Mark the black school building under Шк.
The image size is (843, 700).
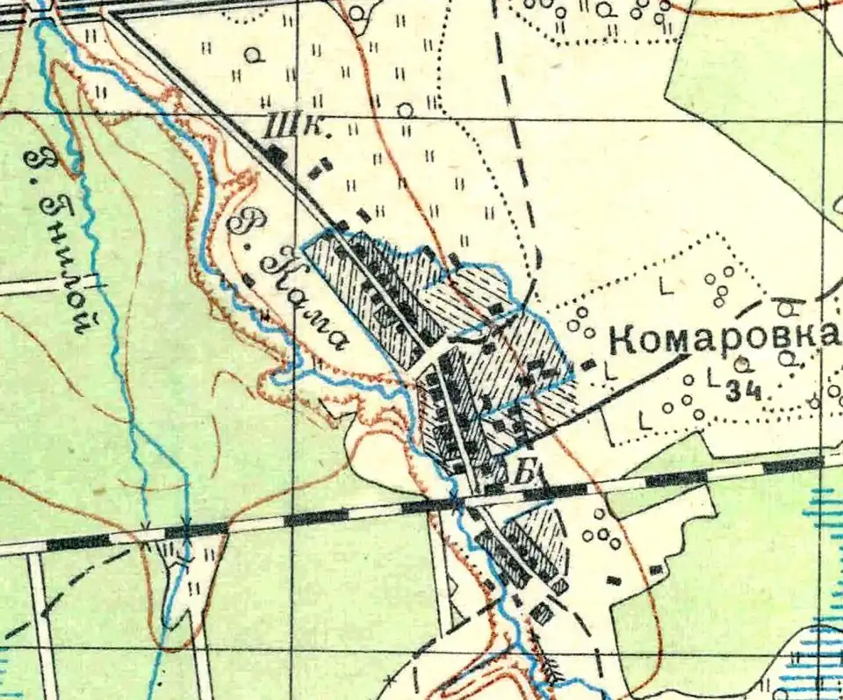276,156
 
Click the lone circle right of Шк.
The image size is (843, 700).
405,111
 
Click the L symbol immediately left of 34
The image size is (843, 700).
712,380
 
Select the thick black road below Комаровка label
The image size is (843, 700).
615,394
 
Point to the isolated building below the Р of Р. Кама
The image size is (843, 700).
249,281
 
